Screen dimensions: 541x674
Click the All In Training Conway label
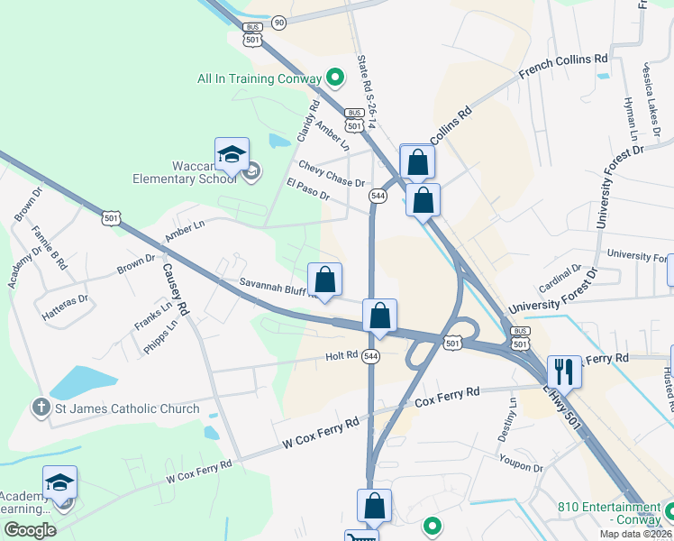[260, 78]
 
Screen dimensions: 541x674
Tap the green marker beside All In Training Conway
[335, 78]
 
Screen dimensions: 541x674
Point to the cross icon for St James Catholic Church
[41, 408]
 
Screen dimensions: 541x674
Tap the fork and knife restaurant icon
[564, 371]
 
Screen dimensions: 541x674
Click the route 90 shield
[278, 22]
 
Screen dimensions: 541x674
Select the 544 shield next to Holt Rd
[370, 357]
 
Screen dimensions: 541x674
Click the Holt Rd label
[342, 356]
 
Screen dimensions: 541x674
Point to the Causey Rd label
[176, 286]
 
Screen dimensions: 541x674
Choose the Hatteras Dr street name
[65, 298]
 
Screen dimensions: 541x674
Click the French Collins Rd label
[564, 69]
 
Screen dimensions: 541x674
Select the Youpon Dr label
[522, 463]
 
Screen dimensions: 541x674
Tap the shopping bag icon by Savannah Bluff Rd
[325, 280]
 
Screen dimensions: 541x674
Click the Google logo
[30, 529]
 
